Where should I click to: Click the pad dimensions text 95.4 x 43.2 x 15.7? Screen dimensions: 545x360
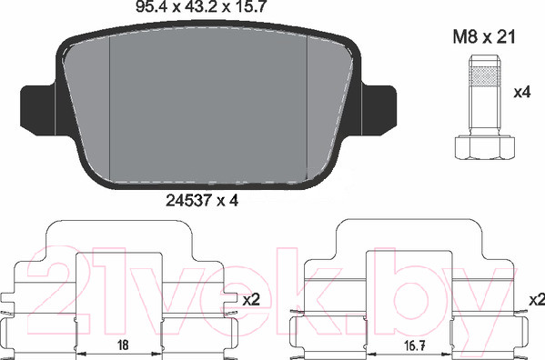pyautogui.click(x=201, y=6)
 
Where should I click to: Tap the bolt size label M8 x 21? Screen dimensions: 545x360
pyautogui.click(x=484, y=36)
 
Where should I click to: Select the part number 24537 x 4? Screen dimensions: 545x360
pyautogui.click(x=202, y=200)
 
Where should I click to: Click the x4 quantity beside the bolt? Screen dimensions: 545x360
pyautogui.click(x=522, y=93)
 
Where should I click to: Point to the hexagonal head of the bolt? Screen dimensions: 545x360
pyautogui.click(x=485, y=148)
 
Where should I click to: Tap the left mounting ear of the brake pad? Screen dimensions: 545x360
pyautogui.click(x=38, y=109)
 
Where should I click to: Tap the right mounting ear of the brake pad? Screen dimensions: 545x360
pyautogui.click(x=378, y=109)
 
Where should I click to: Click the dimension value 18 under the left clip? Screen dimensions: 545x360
pyautogui.click(x=123, y=345)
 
